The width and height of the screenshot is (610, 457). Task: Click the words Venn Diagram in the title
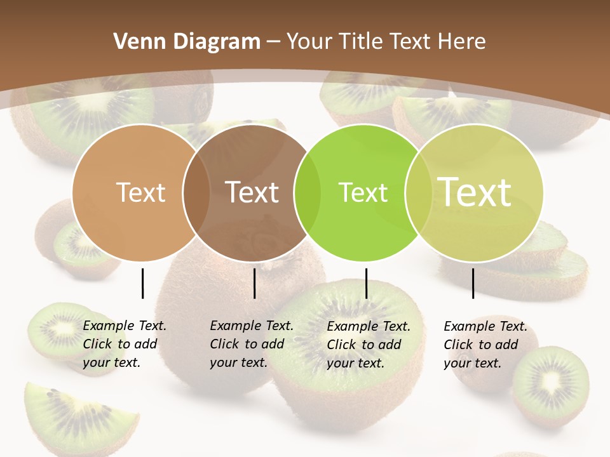(x=186, y=42)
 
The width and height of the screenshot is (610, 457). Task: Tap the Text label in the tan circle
(x=140, y=192)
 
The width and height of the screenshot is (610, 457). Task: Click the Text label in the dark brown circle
(x=252, y=192)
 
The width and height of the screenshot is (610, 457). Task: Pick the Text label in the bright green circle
(x=363, y=192)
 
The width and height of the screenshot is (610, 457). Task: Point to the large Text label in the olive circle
(x=474, y=192)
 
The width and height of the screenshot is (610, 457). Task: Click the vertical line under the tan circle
(x=143, y=283)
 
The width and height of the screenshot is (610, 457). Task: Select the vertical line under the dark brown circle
(x=254, y=283)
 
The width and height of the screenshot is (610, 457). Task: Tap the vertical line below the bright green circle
(x=367, y=283)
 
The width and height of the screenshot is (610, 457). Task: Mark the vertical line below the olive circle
(x=473, y=283)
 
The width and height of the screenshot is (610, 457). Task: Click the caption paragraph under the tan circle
(x=124, y=345)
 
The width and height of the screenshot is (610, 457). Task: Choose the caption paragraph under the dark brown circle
(x=251, y=345)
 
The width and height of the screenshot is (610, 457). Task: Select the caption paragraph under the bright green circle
(x=368, y=345)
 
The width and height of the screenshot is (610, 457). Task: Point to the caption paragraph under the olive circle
(x=485, y=345)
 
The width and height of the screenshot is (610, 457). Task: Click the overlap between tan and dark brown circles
(x=196, y=193)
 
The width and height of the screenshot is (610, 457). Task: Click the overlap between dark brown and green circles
(x=305, y=193)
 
